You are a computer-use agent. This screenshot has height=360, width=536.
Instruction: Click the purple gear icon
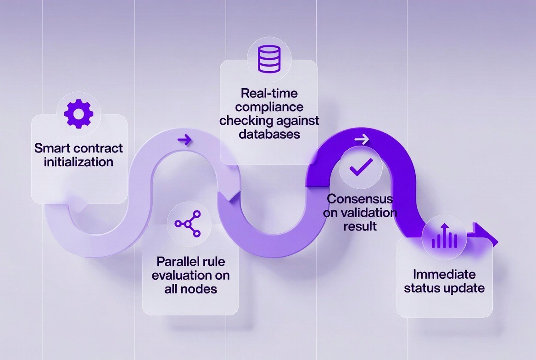tap(78, 113)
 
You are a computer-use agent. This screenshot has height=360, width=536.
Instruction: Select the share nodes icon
tap(188, 224)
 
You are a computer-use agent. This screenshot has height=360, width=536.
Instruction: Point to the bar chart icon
tap(444, 237)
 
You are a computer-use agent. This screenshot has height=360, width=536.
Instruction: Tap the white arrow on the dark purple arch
tap(362, 139)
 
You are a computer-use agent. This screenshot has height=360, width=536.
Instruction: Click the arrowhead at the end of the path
tap(487, 235)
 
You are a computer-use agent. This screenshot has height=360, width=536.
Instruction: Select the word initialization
tap(78, 162)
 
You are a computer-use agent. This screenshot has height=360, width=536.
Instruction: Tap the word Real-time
tap(269, 94)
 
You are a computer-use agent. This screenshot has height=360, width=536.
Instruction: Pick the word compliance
tap(269, 107)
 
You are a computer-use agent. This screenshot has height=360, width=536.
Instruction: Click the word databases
tap(269, 134)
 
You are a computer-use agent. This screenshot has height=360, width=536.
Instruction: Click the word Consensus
tap(360, 199)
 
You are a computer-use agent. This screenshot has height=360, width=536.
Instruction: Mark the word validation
tap(370, 213)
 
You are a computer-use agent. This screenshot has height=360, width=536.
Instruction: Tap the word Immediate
tap(444, 274)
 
